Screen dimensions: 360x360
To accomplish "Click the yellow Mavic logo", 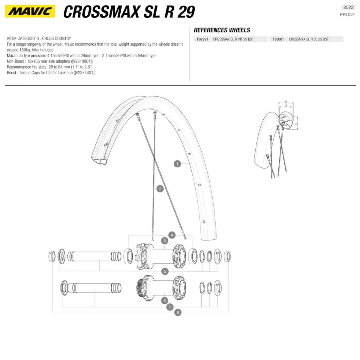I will tap(30, 11).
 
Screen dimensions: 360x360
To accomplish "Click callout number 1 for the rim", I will tap(177, 164).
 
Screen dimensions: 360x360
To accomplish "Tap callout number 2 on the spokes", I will tap(160, 189).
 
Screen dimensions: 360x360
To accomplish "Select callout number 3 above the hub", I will tap(164, 241).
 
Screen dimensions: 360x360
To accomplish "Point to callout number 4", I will tap(172, 235).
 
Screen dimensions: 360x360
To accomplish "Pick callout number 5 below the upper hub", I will tap(165, 271).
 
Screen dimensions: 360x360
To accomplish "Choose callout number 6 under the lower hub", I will tap(164, 300).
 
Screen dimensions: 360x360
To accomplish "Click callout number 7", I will tap(170, 307).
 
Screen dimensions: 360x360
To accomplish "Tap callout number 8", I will tap(178, 312).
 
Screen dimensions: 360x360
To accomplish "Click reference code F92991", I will tap(202, 39).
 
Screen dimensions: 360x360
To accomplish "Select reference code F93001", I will tap(278, 39).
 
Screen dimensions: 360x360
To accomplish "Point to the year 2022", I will tap(348, 7).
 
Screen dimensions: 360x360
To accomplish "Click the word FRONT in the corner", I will tap(347, 15).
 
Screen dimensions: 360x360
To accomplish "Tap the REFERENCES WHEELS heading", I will tap(222, 30).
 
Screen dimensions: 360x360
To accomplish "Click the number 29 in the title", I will tap(186, 12).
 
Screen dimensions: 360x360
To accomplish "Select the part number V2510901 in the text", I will tap(82, 61).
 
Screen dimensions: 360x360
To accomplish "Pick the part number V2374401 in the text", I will tap(84, 73).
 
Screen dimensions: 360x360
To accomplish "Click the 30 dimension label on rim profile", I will tap(286, 102).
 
